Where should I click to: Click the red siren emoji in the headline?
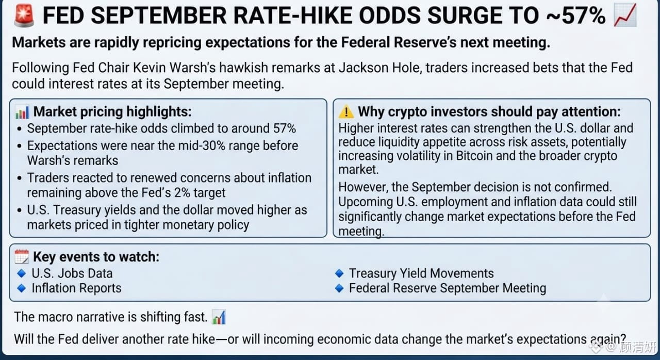pyautogui.click(x=24, y=15)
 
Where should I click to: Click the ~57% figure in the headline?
pyautogui.click(x=576, y=15)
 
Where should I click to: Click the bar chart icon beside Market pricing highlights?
pyautogui.click(x=22, y=112)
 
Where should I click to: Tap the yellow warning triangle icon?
pyautogui.click(x=346, y=112)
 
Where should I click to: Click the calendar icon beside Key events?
pyautogui.click(x=22, y=257)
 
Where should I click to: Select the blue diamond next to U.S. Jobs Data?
pyautogui.click(x=22, y=273)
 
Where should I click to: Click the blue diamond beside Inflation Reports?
pyautogui.click(x=22, y=288)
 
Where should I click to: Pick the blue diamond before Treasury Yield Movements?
pyautogui.click(x=339, y=273)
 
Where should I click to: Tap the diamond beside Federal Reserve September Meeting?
pyautogui.click(x=339, y=288)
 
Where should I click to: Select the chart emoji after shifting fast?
pyautogui.click(x=219, y=317)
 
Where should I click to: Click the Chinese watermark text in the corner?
pyautogui.click(x=637, y=347)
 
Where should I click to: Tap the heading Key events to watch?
pyautogui.click(x=96, y=257)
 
